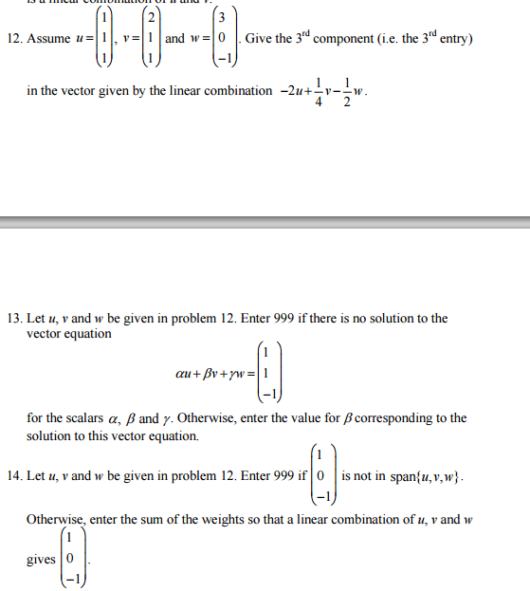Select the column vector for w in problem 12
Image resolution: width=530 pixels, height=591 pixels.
[222, 39]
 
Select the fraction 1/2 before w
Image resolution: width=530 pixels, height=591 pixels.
[346, 91]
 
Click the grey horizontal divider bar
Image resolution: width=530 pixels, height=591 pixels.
[265, 222]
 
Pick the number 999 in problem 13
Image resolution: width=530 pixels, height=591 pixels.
[285, 319]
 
